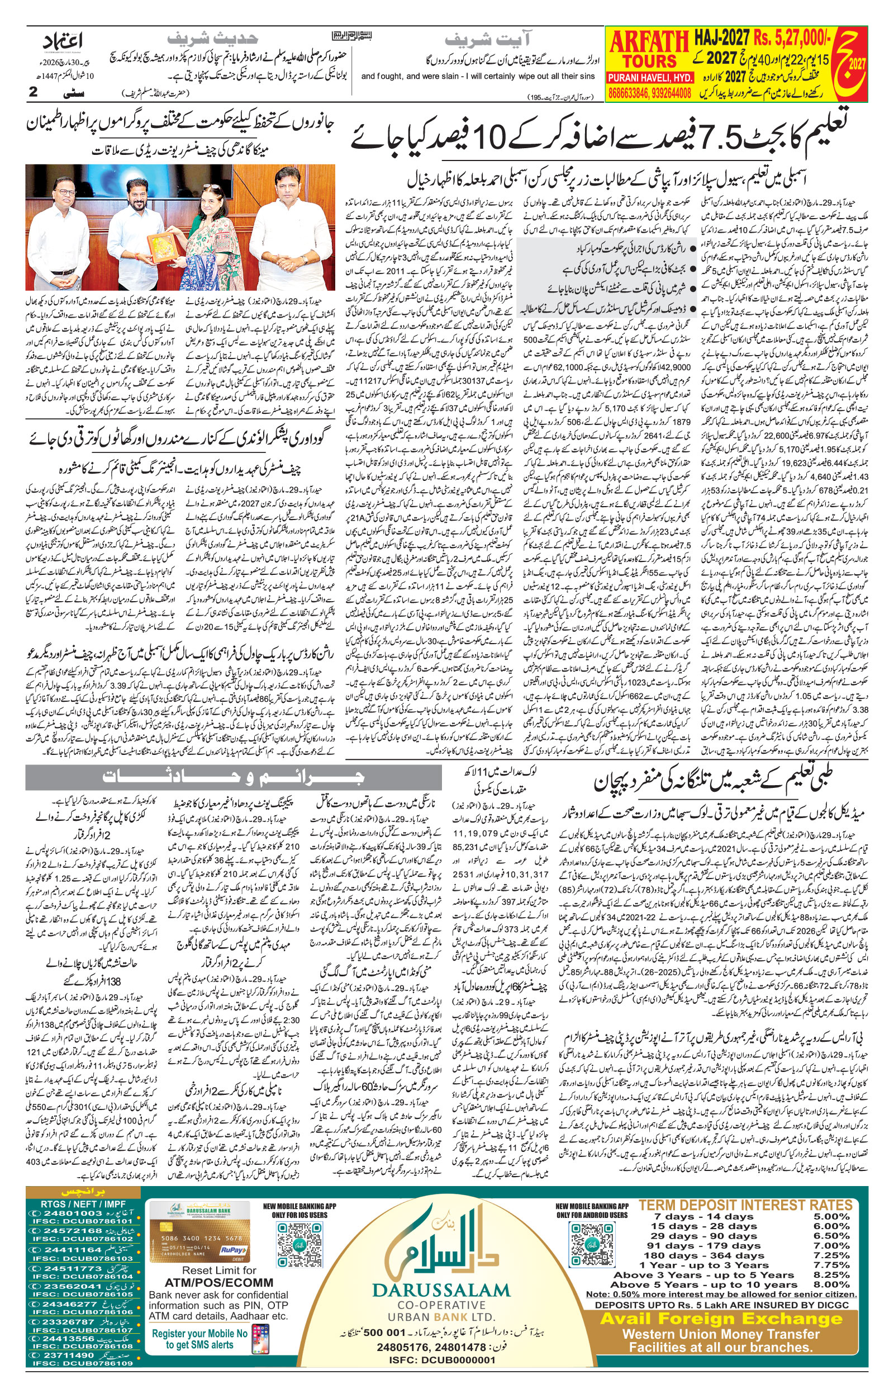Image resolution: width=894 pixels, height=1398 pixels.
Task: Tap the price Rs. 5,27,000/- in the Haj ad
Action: (x=793, y=39)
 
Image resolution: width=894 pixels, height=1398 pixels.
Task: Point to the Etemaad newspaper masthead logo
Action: (x=63, y=42)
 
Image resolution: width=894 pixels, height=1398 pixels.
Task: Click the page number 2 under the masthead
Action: (x=33, y=92)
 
